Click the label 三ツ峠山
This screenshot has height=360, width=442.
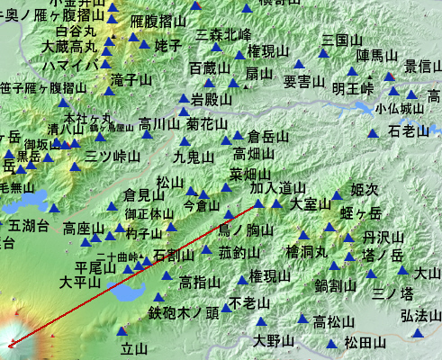(x=113, y=156)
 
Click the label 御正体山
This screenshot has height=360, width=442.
(x=149, y=214)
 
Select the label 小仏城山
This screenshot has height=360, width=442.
(x=399, y=108)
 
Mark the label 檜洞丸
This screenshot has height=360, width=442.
(x=306, y=251)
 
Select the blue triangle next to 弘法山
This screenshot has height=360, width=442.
(x=417, y=332)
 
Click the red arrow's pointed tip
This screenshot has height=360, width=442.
(x=7, y=346)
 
